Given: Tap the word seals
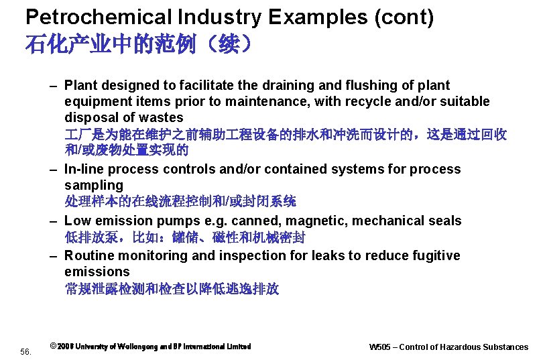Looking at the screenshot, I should click(445, 221).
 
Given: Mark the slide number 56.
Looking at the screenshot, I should click(26, 351).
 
